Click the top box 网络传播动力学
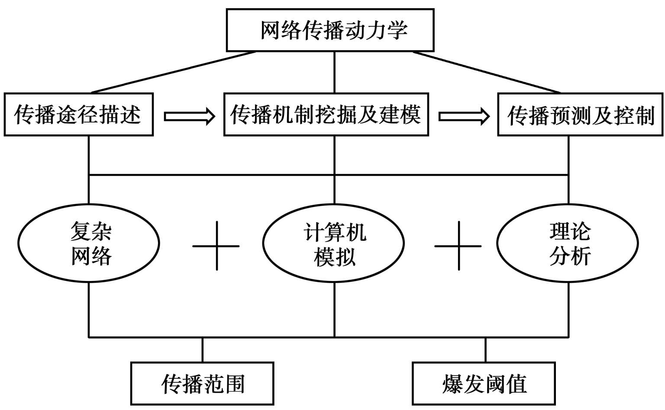coord(330,30)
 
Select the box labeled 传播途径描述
coord(79,115)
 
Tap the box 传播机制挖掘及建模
coord(326,115)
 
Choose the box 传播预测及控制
coord(580,115)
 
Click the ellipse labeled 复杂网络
coord(89,243)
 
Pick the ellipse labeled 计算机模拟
coord(334,243)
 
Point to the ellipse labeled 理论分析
coord(568,243)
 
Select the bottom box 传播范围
coord(202,384)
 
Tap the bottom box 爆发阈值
coord(484,384)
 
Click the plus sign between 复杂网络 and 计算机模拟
coord(216,246)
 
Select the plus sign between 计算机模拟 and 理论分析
coord(458,246)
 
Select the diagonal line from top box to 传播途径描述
coord(173,72)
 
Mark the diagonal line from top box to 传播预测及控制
coord(487,72)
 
